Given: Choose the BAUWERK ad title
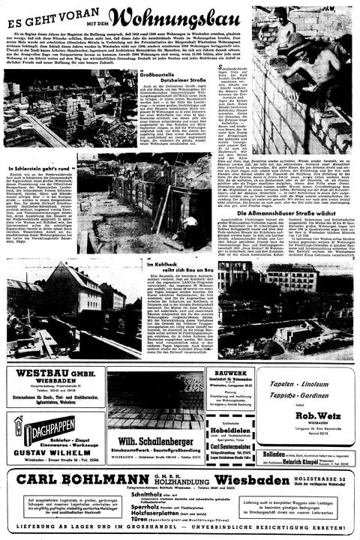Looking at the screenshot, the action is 230,373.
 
